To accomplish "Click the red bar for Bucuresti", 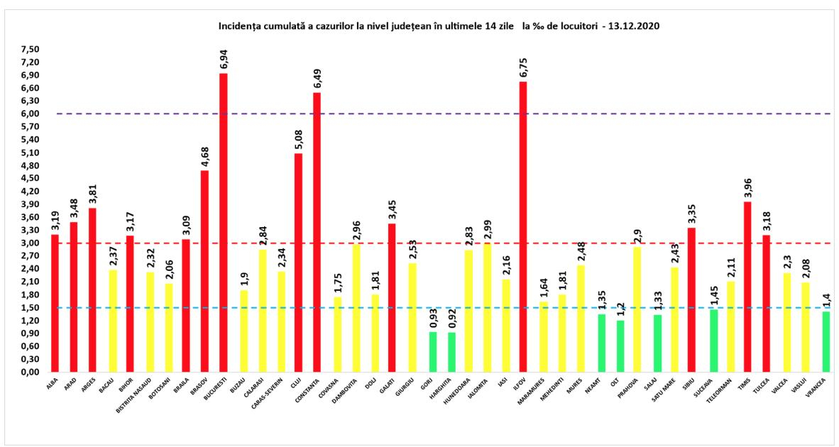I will tap(223, 223).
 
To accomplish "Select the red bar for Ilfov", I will tap(522, 227).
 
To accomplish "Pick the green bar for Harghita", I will tap(451, 352).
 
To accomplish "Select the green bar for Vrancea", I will tap(826, 342).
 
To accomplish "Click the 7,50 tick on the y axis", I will tap(31, 50).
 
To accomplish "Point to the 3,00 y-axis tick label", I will tap(31, 243).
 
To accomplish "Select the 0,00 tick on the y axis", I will tap(31, 372).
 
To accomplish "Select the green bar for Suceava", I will tap(714, 341).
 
